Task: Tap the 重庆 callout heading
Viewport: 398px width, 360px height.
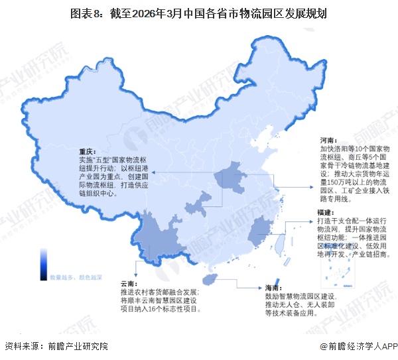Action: pyautogui.click(x=88, y=151)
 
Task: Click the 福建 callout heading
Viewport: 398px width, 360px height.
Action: pyautogui.click(x=326, y=211)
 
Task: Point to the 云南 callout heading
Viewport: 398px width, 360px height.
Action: pyautogui.click(x=129, y=283)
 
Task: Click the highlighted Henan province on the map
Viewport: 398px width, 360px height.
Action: pyautogui.click(x=229, y=180)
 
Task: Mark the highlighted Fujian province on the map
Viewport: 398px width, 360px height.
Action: pyautogui.click(x=260, y=234)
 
